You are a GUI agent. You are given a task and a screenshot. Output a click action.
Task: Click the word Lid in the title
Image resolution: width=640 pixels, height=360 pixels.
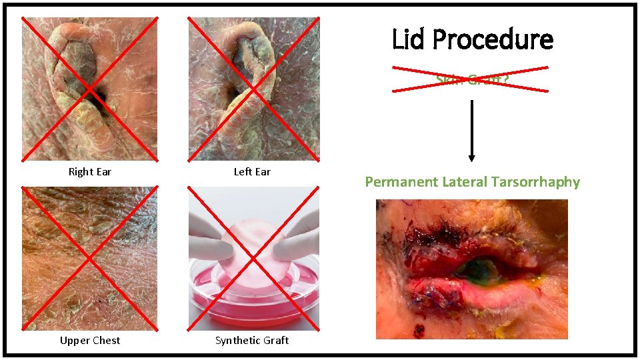tap(409, 40)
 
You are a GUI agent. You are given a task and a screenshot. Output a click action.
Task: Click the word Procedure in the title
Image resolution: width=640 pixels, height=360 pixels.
tap(493, 40)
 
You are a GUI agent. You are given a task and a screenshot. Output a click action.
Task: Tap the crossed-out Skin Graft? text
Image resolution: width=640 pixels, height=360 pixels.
tap(470, 79)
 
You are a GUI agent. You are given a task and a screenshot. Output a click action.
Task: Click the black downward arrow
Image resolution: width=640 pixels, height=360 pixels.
tap(471, 131)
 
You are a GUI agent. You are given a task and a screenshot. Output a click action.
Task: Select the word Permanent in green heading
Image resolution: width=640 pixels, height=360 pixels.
tap(401, 182)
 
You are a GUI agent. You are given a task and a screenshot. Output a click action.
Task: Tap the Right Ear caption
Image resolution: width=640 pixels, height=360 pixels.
tap(90, 172)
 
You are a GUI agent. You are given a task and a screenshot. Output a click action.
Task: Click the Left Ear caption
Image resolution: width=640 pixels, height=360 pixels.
tap(252, 172)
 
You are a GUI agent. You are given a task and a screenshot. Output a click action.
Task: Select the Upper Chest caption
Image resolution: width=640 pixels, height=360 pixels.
tap(90, 341)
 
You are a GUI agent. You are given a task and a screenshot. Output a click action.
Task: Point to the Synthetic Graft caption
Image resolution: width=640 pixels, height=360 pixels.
tap(252, 341)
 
